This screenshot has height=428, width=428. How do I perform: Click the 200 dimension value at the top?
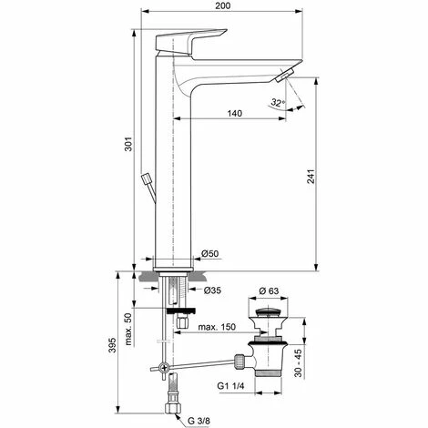[x=223, y=5]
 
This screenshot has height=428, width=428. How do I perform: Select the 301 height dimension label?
[x=129, y=144]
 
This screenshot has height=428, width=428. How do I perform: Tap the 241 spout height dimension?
[x=311, y=177]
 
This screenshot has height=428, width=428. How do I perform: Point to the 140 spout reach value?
[x=235, y=113]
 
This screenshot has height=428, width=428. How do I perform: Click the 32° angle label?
[x=278, y=102]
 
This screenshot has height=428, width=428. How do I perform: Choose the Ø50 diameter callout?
[x=209, y=253]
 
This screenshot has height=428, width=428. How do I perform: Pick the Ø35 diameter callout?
[x=212, y=290]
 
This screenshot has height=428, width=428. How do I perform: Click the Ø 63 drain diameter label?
[x=269, y=290]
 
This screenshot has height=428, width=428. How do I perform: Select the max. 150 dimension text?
[x=217, y=327]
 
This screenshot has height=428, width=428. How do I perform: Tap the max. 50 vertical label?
[x=128, y=329]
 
